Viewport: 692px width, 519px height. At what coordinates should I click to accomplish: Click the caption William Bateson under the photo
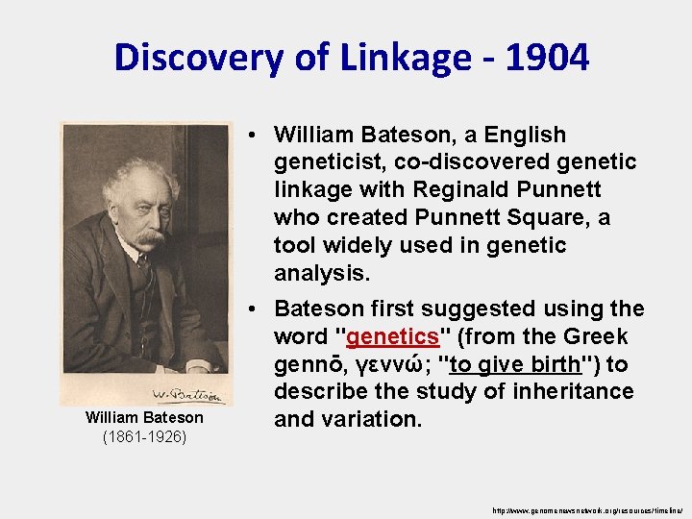(144, 417)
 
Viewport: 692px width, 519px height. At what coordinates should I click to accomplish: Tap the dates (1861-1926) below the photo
(144, 436)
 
